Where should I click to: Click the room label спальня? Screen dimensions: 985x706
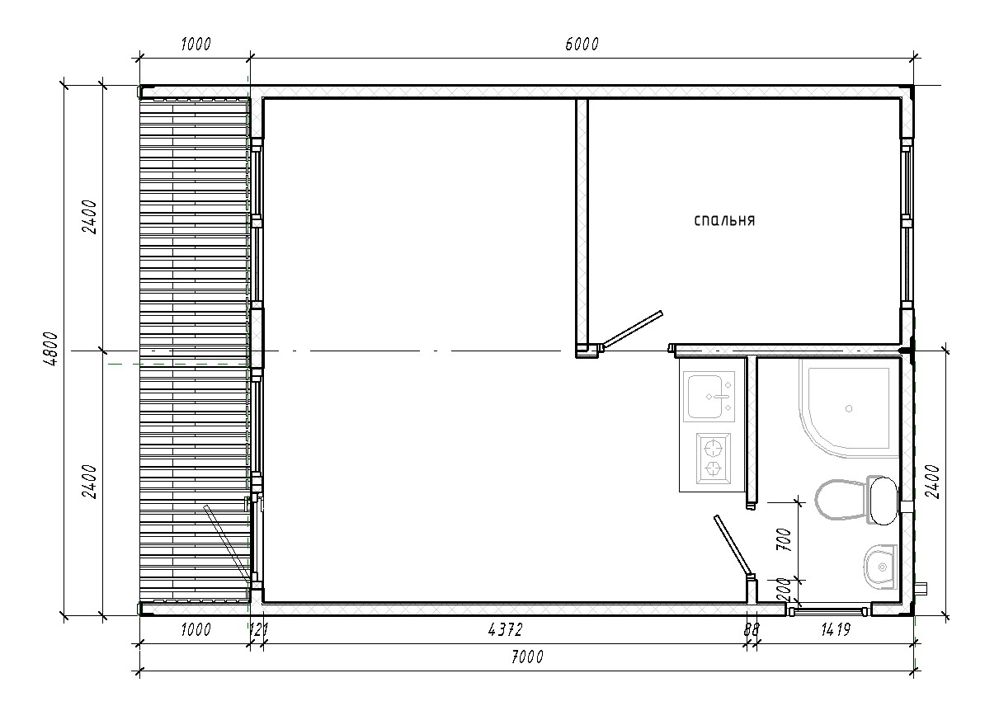pyautogui.click(x=724, y=220)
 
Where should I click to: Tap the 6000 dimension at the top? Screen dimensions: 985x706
pyautogui.click(x=582, y=44)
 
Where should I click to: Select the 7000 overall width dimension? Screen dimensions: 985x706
pyautogui.click(x=527, y=657)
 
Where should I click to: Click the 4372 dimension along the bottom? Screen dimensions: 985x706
pyautogui.click(x=505, y=629)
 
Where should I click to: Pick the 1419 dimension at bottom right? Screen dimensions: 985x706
pyautogui.click(x=836, y=629)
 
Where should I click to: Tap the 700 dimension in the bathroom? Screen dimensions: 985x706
pyautogui.click(x=784, y=539)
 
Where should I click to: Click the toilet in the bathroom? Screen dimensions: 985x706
pyautogui.click(x=857, y=501)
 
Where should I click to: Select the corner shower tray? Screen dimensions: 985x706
pyautogui.click(x=848, y=408)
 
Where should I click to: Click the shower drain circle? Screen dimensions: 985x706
pyautogui.click(x=850, y=409)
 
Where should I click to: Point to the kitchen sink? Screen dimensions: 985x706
pyautogui.click(x=709, y=397)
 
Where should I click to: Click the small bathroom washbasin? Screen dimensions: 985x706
pyautogui.click(x=879, y=567)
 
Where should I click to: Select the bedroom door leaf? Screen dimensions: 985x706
pyautogui.click(x=630, y=330)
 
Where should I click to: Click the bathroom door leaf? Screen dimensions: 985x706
pyautogui.click(x=733, y=545)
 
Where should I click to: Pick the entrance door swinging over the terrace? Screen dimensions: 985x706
pyautogui.click(x=228, y=544)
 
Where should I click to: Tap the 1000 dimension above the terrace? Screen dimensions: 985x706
pyautogui.click(x=196, y=44)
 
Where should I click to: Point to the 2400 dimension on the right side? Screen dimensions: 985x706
pyautogui.click(x=932, y=482)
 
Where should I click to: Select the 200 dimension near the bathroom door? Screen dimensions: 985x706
pyautogui.click(x=784, y=590)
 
